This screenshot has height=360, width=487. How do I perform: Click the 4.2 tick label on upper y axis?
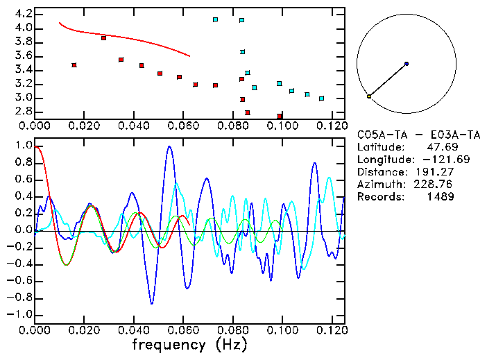pos(24,14)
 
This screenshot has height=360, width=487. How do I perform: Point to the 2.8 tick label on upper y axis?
pos(24,112)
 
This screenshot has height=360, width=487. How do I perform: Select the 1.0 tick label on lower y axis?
pos(24,146)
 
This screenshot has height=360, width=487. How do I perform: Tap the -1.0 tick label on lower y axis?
pos(21,314)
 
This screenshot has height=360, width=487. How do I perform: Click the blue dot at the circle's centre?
pos(406,64)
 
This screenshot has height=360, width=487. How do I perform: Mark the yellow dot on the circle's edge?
pos(369,96)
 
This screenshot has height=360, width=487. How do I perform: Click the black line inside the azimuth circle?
pos(388,80)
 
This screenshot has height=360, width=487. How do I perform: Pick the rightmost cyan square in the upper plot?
pos(321,98)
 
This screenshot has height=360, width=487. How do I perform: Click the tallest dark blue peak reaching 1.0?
pos(169,147)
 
